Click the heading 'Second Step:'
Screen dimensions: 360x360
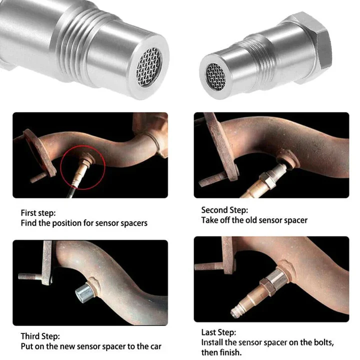(224, 210)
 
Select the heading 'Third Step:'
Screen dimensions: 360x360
(40, 336)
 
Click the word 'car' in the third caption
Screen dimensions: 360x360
(155, 346)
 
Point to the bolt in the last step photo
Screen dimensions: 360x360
(210, 265)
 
